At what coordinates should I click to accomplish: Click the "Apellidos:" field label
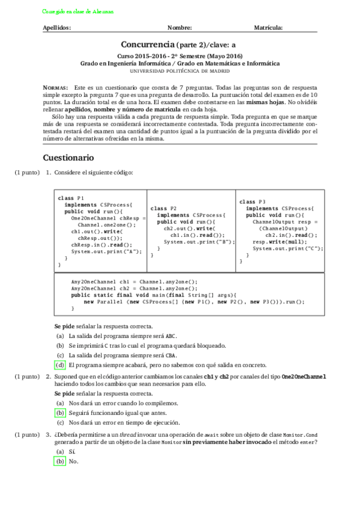point(57,28)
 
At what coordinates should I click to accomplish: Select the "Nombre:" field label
point(180,28)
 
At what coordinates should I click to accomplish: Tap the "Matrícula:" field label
point(269,28)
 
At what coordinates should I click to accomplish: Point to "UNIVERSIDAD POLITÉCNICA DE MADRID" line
point(180,70)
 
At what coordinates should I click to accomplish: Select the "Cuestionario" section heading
point(69,158)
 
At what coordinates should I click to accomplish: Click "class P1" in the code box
point(71,198)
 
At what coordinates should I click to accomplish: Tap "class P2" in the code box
point(163,207)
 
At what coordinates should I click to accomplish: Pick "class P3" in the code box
point(252,201)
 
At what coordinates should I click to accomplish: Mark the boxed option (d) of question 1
point(60,365)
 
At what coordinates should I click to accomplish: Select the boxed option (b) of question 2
point(60,413)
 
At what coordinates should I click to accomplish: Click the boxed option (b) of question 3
point(60,461)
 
